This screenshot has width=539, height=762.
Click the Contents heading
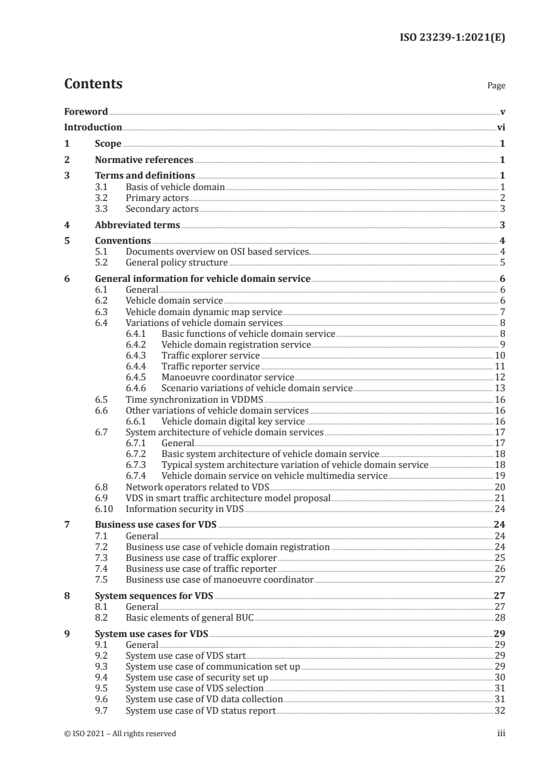93,84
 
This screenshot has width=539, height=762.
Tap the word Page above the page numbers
496,86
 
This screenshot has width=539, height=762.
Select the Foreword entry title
86,111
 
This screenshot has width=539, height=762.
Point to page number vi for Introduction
500,127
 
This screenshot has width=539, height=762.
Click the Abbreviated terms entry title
137,225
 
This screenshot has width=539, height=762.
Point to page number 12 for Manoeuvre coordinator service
500,377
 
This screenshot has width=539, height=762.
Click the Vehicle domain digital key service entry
234,421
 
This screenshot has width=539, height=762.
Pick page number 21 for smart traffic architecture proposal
500,497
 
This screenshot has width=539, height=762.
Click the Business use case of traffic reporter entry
201,568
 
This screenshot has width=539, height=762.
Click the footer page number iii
501,733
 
